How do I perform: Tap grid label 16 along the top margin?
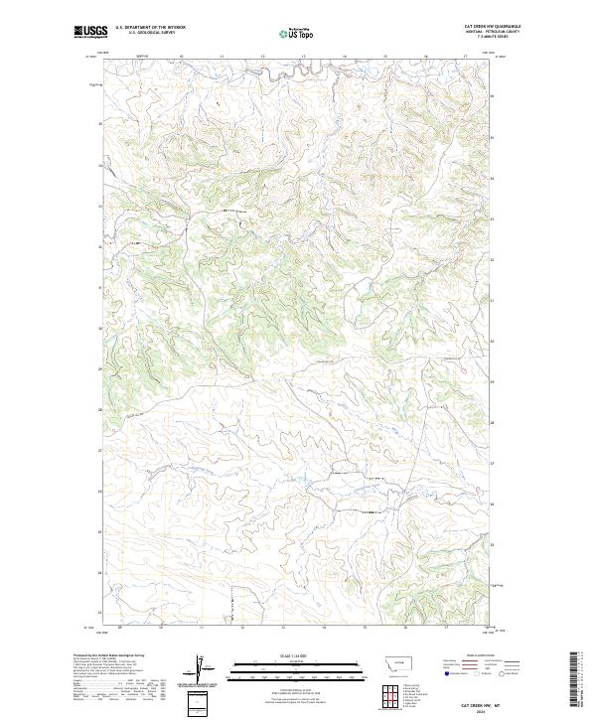[x=425, y=57]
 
